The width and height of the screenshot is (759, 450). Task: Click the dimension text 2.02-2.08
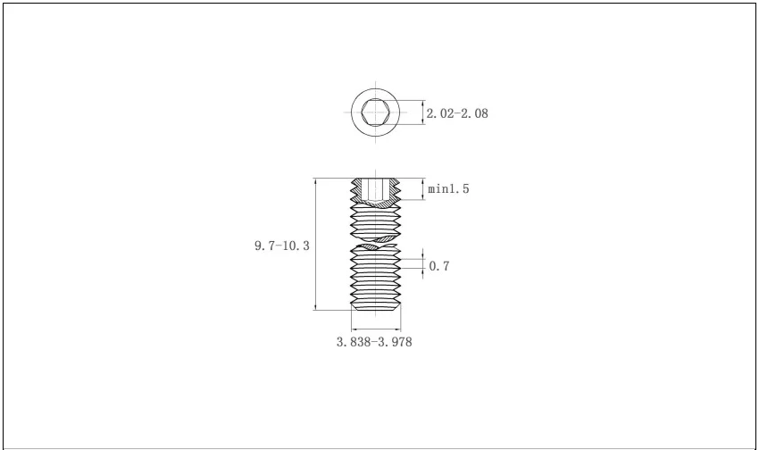pos(457,113)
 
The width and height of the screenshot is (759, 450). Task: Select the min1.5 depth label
pos(448,188)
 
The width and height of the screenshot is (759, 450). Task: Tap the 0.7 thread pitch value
pos(439,266)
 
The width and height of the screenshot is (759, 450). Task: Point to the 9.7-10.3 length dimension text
pos(281,245)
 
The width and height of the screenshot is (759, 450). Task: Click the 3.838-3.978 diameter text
pos(375,341)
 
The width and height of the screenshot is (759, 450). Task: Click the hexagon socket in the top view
pos(375,113)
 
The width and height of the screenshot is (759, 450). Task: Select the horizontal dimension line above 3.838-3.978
pos(376,326)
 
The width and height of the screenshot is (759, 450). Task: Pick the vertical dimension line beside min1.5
pos(421,188)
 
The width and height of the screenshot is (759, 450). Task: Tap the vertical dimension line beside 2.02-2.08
pos(421,113)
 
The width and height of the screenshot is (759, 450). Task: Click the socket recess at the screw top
pos(376,189)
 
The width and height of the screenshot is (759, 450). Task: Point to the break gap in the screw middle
pos(376,242)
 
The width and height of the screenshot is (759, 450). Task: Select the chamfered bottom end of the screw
pos(376,306)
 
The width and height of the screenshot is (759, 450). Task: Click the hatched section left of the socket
pos(358,189)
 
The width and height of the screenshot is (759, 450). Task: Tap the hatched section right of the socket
pos(395,189)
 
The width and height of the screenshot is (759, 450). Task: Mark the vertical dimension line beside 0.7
pos(421,265)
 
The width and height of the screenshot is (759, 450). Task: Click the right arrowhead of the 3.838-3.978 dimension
pos(398,326)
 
